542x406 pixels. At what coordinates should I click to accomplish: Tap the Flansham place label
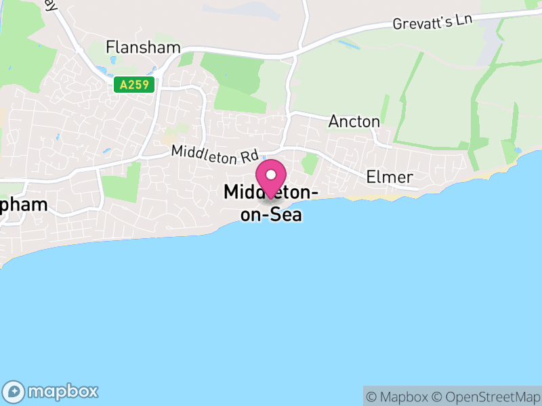point(143,47)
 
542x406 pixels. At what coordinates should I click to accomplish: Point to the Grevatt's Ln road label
point(432,22)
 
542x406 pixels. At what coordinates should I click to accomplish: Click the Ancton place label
point(354,122)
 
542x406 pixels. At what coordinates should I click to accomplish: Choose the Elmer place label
point(390,177)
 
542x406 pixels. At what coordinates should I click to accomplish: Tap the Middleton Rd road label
point(215,154)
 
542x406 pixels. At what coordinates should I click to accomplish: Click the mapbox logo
point(51,391)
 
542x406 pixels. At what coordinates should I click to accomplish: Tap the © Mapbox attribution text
point(398,397)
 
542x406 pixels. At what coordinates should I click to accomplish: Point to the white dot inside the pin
point(271,173)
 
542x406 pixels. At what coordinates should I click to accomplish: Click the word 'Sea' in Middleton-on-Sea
point(287,216)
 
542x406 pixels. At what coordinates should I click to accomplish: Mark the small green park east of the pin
point(310,163)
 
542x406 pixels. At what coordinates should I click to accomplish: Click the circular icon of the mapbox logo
point(14,391)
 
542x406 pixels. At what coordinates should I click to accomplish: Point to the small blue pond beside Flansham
point(102,70)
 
